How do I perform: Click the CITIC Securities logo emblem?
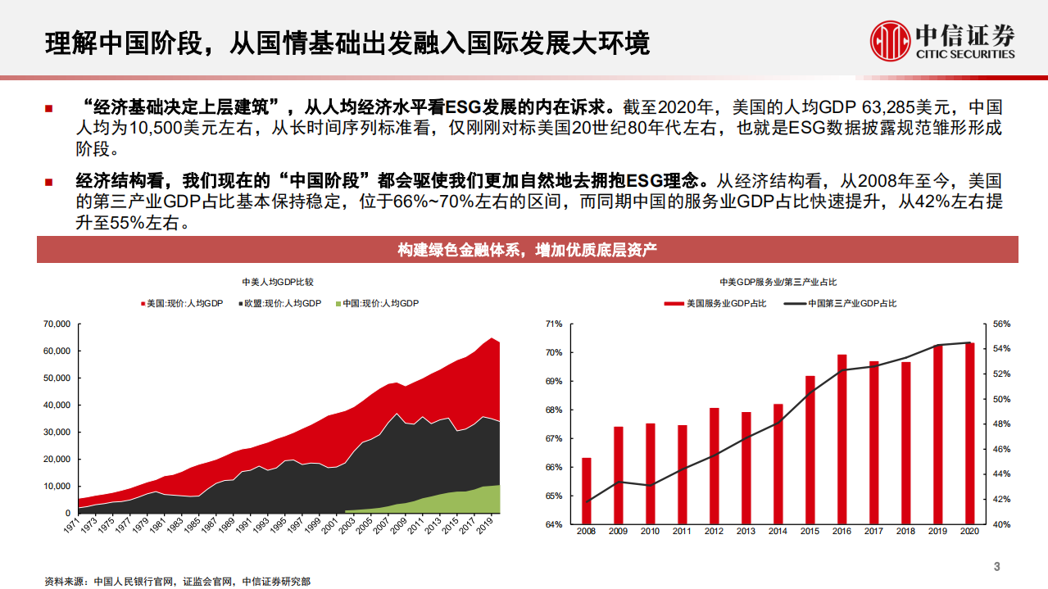tap(891, 40)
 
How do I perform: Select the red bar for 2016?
tap(842, 439)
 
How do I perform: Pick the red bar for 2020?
tap(969, 433)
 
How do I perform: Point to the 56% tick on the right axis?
tap(1002, 324)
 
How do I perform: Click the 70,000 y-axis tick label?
tap(56, 324)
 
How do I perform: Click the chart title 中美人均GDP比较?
tap(278, 282)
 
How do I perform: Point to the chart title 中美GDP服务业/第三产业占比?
tap(778, 282)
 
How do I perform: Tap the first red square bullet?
tap(49, 108)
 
